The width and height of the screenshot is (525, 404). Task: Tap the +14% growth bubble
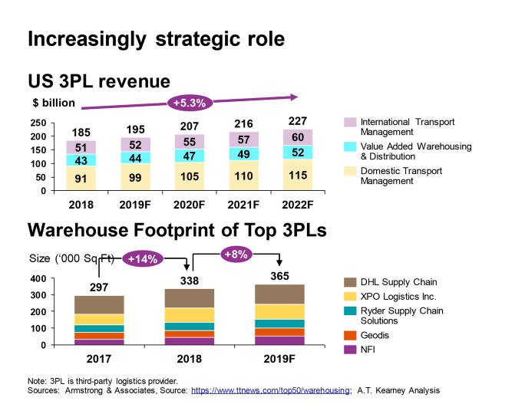(x=143, y=259)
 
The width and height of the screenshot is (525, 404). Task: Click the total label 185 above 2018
(x=81, y=133)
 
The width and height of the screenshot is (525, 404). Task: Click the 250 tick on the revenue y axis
(x=38, y=123)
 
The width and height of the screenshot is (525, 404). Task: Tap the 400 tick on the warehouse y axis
(x=38, y=278)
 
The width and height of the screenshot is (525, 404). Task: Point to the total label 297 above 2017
(x=99, y=287)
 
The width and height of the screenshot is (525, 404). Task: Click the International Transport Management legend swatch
(x=349, y=122)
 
